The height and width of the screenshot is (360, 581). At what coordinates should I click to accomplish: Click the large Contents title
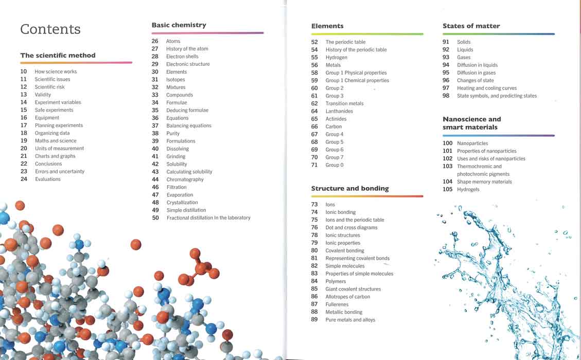pyautogui.click(x=50, y=29)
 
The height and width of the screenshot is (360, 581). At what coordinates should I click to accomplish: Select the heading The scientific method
pyautogui.click(x=58, y=55)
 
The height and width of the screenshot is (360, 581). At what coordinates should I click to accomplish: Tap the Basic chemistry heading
pyautogui.click(x=179, y=25)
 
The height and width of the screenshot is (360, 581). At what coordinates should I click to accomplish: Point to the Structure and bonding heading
pyautogui.click(x=350, y=188)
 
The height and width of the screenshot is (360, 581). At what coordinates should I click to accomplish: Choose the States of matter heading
pyautogui.click(x=471, y=26)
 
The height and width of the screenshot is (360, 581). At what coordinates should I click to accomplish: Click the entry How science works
pyautogui.click(x=56, y=71)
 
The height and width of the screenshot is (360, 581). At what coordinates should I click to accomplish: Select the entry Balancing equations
pyautogui.click(x=189, y=125)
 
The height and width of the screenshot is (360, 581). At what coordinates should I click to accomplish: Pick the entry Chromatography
pyautogui.click(x=185, y=179)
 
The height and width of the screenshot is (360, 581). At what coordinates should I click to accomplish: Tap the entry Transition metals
pyautogui.click(x=345, y=103)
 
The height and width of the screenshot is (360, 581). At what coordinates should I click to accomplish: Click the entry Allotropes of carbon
pyautogui.click(x=347, y=297)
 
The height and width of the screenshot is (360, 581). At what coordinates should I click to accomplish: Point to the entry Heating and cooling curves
pyautogui.click(x=487, y=88)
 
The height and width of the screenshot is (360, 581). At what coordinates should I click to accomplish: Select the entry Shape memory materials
pyautogui.click(x=484, y=182)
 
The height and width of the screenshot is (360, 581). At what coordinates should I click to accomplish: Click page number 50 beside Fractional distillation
pyautogui.click(x=155, y=218)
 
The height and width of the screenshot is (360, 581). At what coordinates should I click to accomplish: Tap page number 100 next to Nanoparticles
pyautogui.click(x=448, y=143)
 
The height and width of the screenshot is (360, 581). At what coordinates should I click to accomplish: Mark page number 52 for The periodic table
pyautogui.click(x=314, y=42)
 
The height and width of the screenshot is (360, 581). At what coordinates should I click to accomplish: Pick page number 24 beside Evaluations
pyautogui.click(x=24, y=179)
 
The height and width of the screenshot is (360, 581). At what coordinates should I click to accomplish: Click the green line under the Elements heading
pyautogui.click(x=367, y=34)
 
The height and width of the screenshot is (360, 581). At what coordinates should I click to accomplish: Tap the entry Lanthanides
pyautogui.click(x=339, y=111)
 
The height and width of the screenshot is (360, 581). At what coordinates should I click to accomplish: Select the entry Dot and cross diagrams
pyautogui.click(x=351, y=227)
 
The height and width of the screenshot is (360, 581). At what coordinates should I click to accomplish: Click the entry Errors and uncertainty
pyautogui.click(x=60, y=171)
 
